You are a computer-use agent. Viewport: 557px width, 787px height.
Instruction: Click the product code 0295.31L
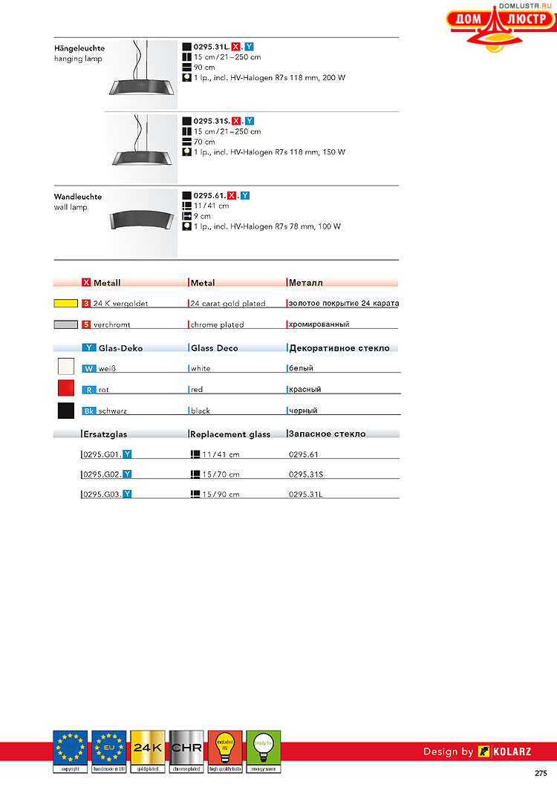pos(211,47)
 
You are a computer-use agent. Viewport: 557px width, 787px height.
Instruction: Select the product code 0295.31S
pos(211,121)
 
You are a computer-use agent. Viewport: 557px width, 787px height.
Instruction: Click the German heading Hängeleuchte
pos(79,48)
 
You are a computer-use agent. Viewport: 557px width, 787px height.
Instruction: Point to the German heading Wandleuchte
pos(77,197)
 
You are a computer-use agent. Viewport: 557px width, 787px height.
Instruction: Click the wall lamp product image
pos(142,221)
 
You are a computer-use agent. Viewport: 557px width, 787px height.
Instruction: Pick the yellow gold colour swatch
pos(65,304)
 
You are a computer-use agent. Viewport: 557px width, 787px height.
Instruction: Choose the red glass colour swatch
pos(65,388)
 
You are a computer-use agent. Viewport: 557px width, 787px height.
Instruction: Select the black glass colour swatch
pos(65,410)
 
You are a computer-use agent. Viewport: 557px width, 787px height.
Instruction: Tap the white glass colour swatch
pos(65,367)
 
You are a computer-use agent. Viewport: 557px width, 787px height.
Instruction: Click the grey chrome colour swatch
pos(65,324)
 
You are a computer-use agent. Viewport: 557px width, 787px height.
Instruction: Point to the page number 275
pos(541,774)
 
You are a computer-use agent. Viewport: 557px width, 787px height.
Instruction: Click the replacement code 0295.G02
pos(102,474)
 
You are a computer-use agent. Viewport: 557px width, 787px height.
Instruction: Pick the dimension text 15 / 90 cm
pos(221,494)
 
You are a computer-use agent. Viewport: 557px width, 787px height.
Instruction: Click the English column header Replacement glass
pos(231,434)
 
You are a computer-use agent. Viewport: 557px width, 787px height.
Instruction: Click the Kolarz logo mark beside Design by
pos(484,751)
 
